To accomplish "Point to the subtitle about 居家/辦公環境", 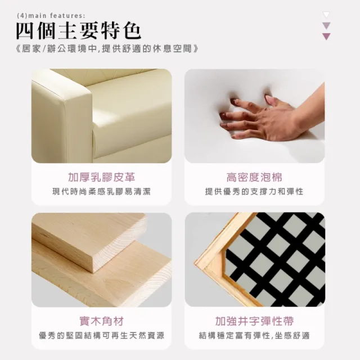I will pos(107,49).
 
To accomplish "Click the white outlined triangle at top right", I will pos(326,15).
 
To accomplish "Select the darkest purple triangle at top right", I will pos(326,37).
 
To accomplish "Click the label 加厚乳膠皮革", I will pos(102,178).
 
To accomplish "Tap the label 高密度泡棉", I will pos(254,178).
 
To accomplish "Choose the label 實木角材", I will pos(102,321).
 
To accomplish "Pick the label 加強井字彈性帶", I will pos(254,321).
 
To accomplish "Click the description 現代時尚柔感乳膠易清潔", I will pos(102,192).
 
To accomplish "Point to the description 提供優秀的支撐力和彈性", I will pos(254,192).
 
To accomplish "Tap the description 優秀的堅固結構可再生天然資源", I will pos(102,336).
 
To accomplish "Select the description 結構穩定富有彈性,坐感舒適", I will pos(254,336).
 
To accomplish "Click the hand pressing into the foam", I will pos(259,118).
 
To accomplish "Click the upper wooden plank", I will pos(84,236).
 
